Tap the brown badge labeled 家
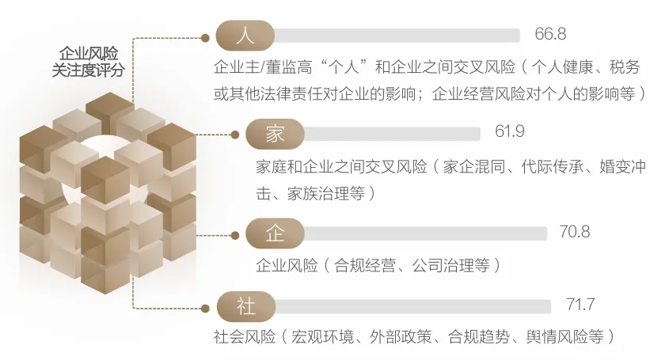click(274, 135)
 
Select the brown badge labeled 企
click(274, 233)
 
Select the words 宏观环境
click(323, 336)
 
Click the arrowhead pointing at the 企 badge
click(234, 234)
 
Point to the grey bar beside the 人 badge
click(396, 36)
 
